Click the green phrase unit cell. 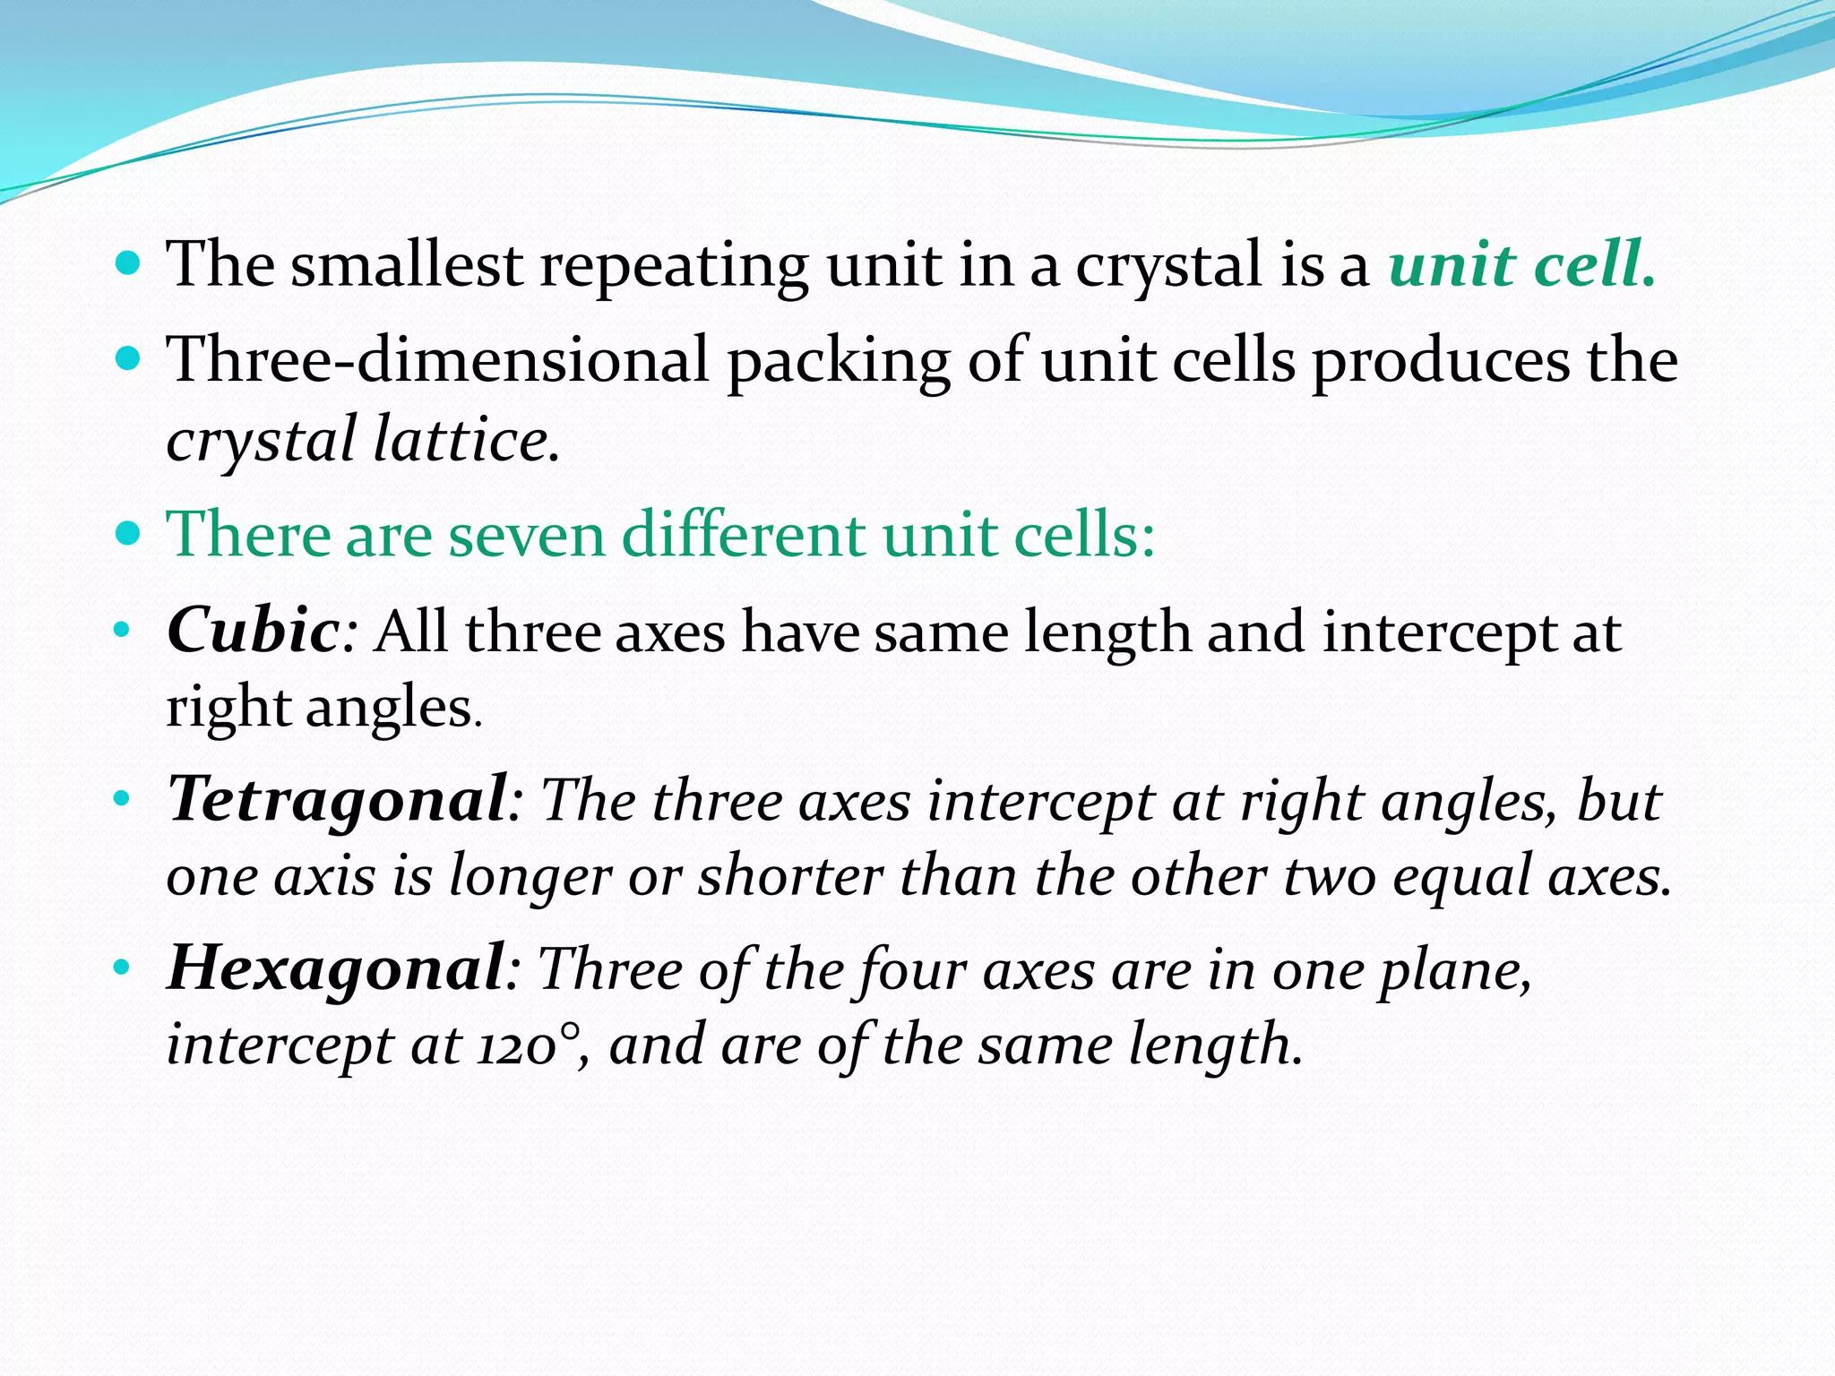(x=1521, y=265)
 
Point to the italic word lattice (x=461, y=440)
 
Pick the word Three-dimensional (x=438, y=359)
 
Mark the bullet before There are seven (x=129, y=534)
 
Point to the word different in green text (x=743, y=535)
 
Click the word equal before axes (x=1461, y=876)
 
